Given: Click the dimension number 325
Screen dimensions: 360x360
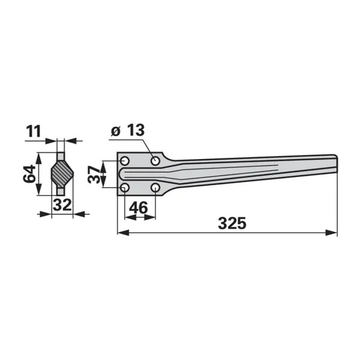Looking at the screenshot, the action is point(232,223).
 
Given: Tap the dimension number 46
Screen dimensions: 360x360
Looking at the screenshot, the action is point(139,208).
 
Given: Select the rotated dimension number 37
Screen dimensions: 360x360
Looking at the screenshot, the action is point(95,175).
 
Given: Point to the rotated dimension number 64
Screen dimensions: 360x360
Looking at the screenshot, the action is point(29,173).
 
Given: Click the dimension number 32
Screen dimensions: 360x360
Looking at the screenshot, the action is point(62,205).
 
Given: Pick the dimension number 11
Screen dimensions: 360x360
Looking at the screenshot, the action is point(34,131).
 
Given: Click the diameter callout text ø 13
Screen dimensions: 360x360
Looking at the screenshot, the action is point(128,130).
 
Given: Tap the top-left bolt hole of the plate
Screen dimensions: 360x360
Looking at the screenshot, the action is point(125,161).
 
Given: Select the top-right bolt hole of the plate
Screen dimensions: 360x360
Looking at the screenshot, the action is point(155,161).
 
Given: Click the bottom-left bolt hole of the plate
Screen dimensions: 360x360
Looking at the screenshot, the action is point(125,188).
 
